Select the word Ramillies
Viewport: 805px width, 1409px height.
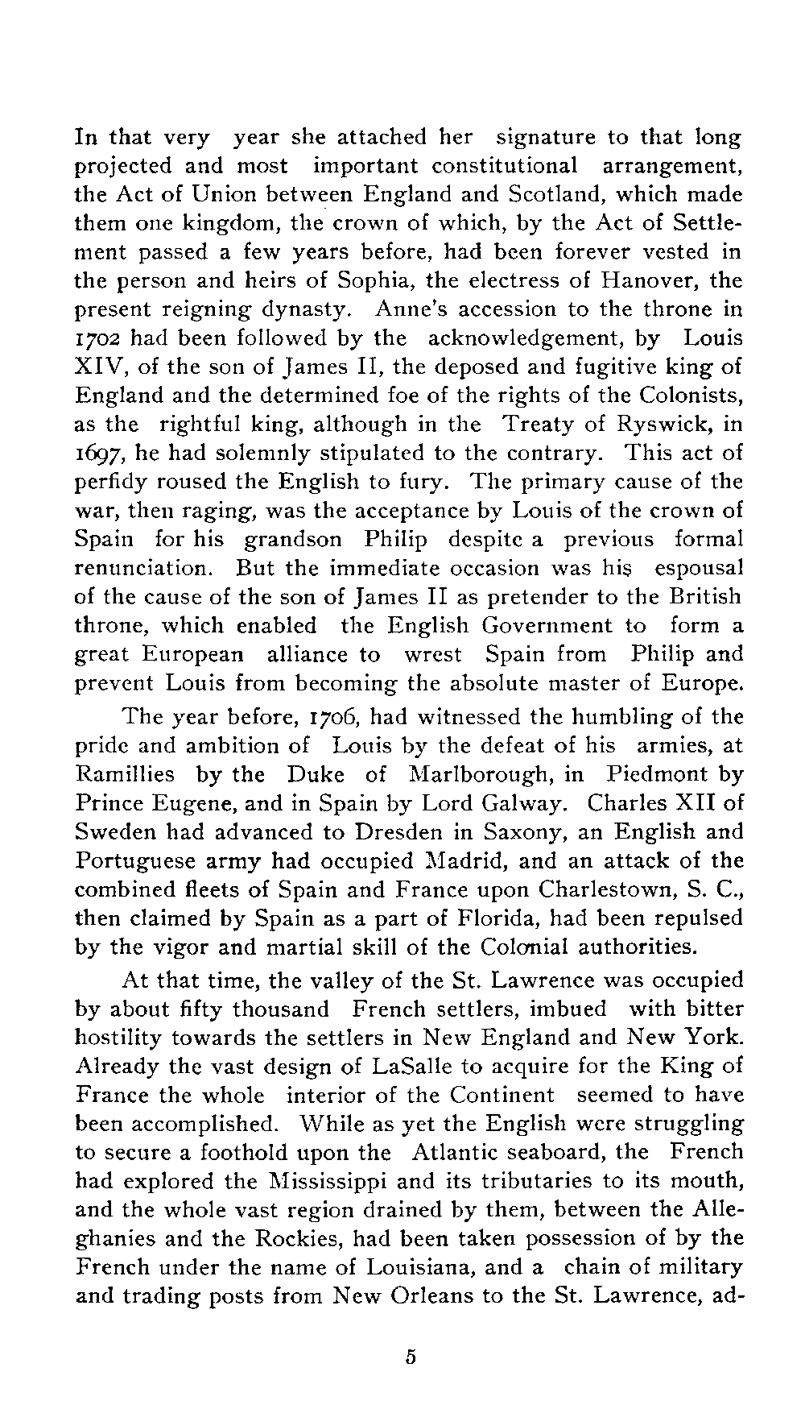[x=124, y=774]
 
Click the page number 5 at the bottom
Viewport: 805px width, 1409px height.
[x=410, y=1357]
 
